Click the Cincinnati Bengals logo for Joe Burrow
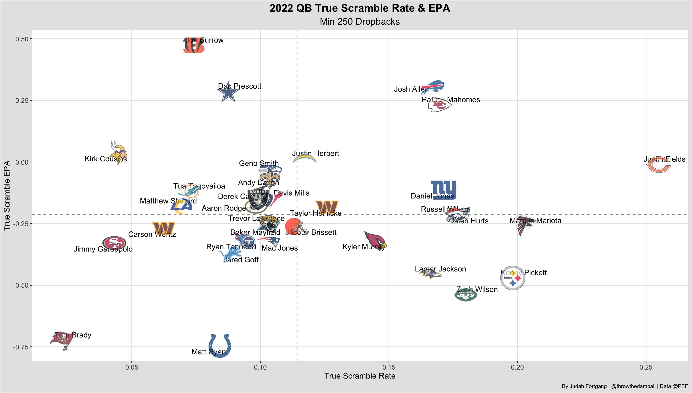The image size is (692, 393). [x=194, y=45]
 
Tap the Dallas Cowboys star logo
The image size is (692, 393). [x=228, y=92]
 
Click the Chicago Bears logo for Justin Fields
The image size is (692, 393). [x=658, y=165]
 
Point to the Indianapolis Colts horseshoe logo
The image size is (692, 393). [x=220, y=345]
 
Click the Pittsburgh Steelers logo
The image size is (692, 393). [x=512, y=278]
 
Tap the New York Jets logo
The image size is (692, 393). [x=466, y=295]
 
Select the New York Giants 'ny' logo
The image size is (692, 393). [x=444, y=190]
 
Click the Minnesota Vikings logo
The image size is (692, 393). [x=118, y=153]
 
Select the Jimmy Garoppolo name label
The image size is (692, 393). [x=103, y=249]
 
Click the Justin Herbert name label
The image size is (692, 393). [x=315, y=153]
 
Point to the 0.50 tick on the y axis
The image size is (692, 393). [x=22, y=39]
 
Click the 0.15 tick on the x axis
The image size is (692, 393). [x=389, y=367]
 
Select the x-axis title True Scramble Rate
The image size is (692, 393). [x=360, y=376]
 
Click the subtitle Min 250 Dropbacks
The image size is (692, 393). [x=360, y=22]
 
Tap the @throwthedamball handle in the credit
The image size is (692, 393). [x=633, y=386]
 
